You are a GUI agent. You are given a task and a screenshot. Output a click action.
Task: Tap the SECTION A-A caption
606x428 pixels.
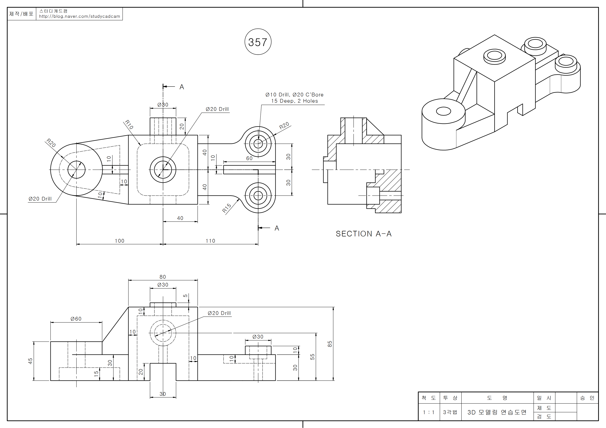(x=363, y=234)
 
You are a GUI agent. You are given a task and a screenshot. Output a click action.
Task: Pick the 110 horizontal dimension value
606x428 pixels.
(x=210, y=241)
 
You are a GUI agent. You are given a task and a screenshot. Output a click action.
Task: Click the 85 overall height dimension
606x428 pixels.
(x=330, y=344)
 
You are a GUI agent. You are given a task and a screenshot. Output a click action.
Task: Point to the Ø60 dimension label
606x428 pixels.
(x=76, y=319)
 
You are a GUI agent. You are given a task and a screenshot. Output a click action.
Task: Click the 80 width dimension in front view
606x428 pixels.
(x=163, y=277)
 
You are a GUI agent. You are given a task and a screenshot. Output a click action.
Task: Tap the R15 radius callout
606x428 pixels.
(x=226, y=208)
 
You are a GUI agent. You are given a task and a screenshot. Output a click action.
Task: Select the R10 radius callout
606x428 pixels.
(x=129, y=124)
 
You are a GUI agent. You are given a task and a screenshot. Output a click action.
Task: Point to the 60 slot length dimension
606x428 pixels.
(x=249, y=158)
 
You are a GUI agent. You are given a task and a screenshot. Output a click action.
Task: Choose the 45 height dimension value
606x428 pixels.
(x=30, y=361)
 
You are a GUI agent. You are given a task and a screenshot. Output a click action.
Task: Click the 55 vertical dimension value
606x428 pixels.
(x=313, y=357)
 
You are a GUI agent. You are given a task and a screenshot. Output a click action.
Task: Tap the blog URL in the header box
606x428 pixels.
(x=80, y=16)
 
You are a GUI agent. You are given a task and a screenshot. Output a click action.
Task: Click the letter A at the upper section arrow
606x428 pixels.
(x=182, y=87)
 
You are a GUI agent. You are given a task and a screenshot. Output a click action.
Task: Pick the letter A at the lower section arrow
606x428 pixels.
(x=277, y=228)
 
